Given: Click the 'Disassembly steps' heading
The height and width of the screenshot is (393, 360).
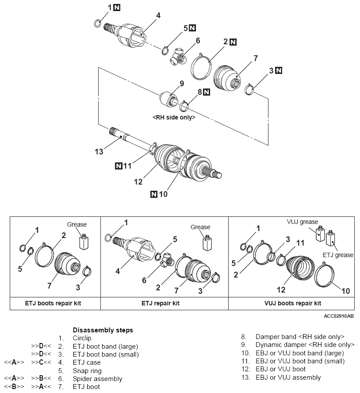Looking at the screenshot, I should pyautogui.click(x=103, y=330).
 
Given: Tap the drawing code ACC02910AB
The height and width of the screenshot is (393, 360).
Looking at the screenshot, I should pyautogui.click(x=339, y=316).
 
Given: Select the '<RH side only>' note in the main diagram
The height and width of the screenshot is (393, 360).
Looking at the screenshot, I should pyautogui.click(x=174, y=118).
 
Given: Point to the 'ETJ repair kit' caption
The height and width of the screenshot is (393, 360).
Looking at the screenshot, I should pyautogui.click(x=164, y=303).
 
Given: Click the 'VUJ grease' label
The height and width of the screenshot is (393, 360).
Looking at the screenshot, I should pyautogui.click(x=303, y=222).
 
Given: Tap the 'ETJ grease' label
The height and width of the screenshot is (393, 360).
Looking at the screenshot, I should pyautogui.click(x=338, y=255).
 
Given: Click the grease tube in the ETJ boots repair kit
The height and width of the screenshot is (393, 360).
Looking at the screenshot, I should pyautogui.click(x=84, y=241).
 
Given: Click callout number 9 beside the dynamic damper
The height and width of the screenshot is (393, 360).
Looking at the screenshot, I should pyautogui.click(x=181, y=83).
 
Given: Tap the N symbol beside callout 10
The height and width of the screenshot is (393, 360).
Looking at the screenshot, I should pyautogui.click(x=154, y=194).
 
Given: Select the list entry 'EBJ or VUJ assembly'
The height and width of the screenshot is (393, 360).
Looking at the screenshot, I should pyautogui.click(x=288, y=378).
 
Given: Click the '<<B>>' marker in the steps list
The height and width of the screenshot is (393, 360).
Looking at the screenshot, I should pyautogui.click(x=14, y=387).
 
